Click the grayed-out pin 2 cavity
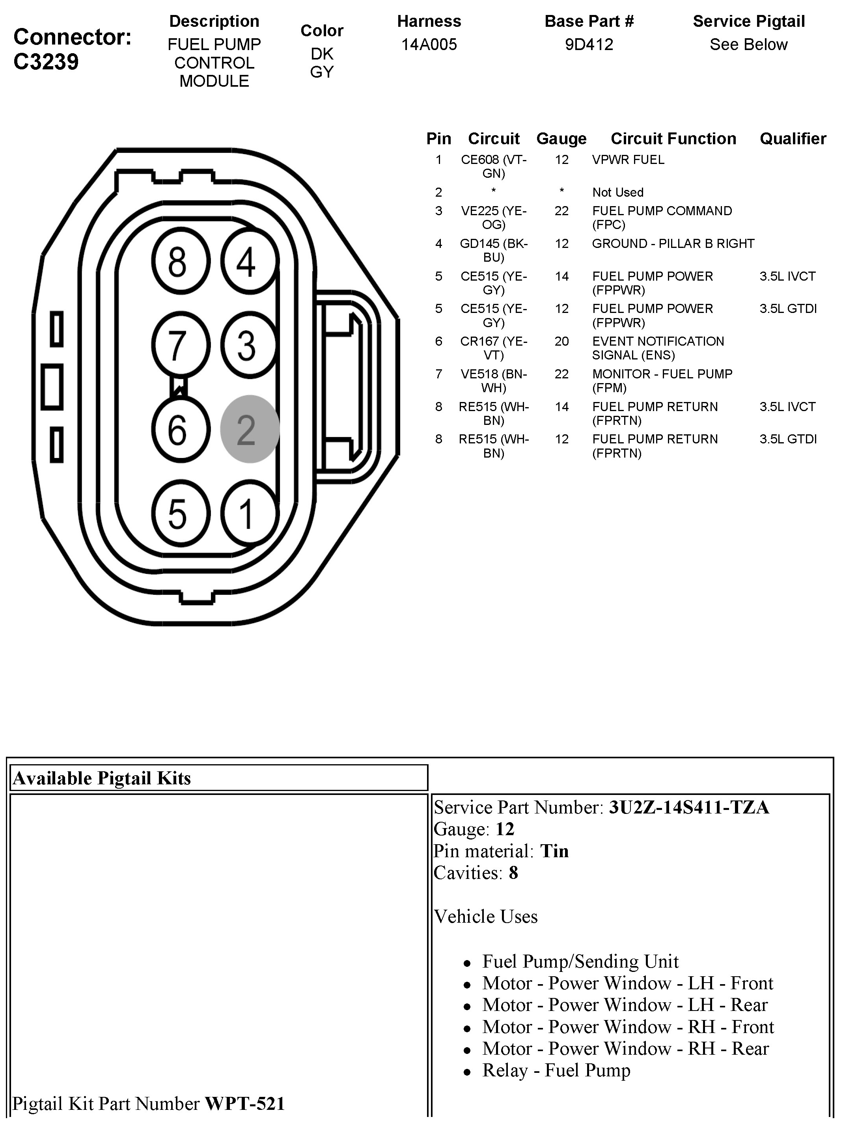250,429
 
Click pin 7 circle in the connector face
180,345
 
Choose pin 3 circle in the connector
250,345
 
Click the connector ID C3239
46,62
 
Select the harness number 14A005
429,45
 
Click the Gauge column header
561,139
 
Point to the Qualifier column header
793,139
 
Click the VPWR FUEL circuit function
628,160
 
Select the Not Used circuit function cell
617,193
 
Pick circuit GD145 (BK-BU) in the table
493,250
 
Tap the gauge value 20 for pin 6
561,342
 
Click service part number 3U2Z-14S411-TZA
688,807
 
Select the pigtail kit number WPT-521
244,1103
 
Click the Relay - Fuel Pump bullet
556,1070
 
